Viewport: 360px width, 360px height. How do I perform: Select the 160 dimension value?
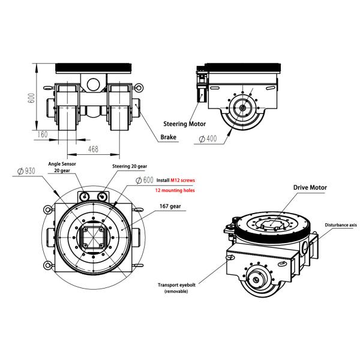coord(42,134)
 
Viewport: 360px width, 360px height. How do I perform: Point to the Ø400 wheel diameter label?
coord(207,140)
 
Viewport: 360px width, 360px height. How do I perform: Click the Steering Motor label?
coord(185,124)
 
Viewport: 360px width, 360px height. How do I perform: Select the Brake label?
coord(169,137)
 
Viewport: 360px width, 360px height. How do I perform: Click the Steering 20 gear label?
coord(129,166)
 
